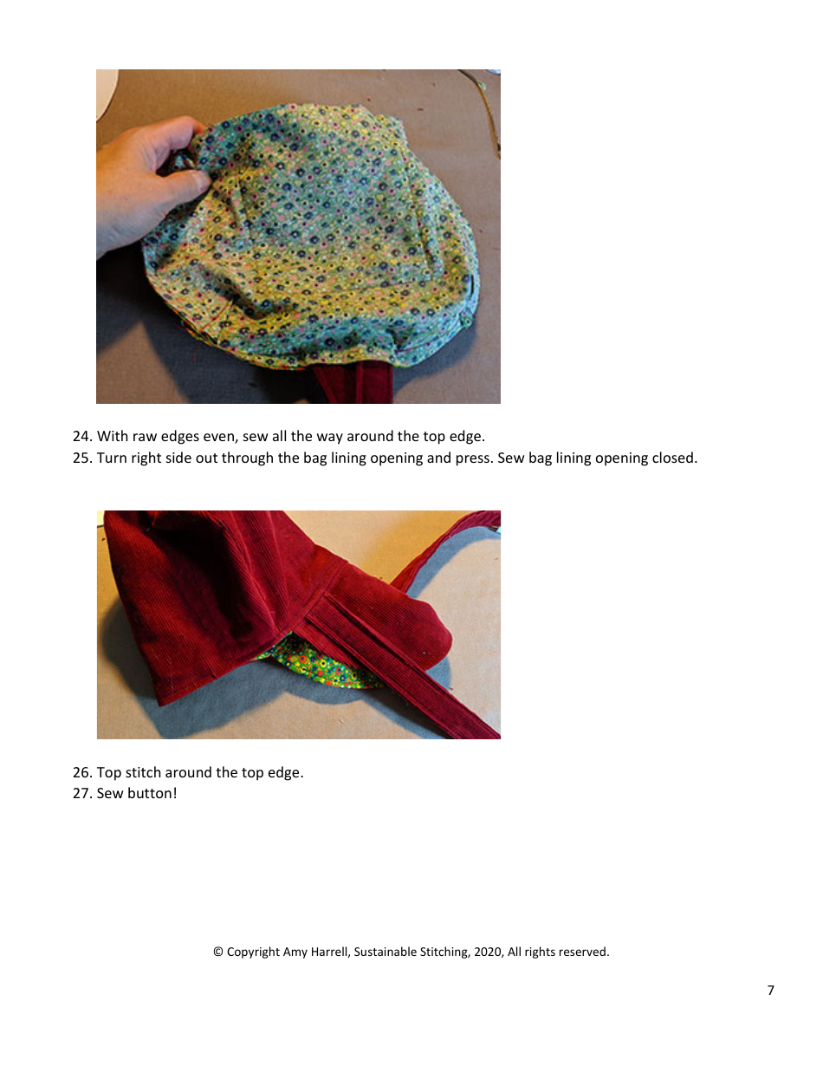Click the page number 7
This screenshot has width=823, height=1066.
coord(770,991)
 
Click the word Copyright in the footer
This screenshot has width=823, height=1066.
coord(253,952)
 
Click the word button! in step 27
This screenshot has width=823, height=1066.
coord(152,794)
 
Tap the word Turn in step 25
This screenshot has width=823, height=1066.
coord(112,458)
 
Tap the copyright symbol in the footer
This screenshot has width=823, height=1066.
coord(218,952)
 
